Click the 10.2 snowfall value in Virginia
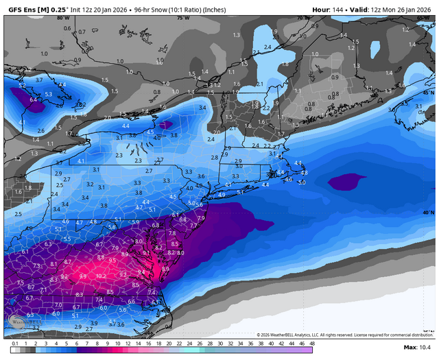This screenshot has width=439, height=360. pyautogui.click(x=102, y=276)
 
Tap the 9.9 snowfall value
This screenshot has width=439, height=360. pyautogui.click(x=82, y=276)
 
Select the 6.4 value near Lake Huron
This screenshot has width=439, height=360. pyautogui.click(x=34, y=99)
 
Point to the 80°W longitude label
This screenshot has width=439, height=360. pyautogui.click(x=64, y=18)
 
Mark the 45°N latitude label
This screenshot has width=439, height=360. pyautogui.click(x=429, y=92)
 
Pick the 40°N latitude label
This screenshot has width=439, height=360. pyautogui.click(x=429, y=213)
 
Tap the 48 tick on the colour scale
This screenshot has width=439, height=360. pyautogui.click(x=312, y=343)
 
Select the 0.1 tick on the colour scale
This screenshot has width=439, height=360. pyautogui.click(x=15, y=343)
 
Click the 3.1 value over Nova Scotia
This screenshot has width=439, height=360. pyautogui.click(x=418, y=106)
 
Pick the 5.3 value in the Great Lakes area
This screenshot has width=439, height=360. pyautogui.click(x=49, y=94)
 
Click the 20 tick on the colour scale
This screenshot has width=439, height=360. pyautogui.click(x=169, y=343)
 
